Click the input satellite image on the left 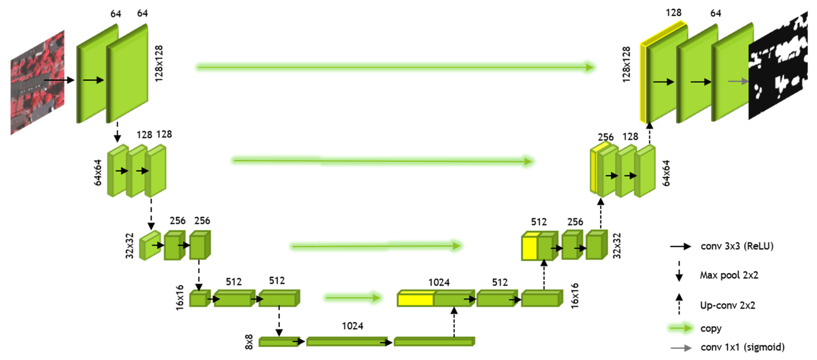click(x=38, y=82)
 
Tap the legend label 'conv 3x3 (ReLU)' click(x=737, y=246)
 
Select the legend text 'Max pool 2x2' click(x=729, y=275)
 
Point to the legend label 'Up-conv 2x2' click(x=728, y=305)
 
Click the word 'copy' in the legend click(x=711, y=328)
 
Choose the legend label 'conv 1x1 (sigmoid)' click(x=742, y=347)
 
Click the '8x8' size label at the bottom click(x=249, y=342)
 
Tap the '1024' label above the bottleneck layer click(x=352, y=326)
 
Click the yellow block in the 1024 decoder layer click(x=415, y=300)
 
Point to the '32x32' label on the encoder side click(x=130, y=245)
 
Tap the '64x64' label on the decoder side click(x=666, y=173)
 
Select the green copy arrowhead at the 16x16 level click(x=376, y=298)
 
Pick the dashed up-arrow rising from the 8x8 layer click(x=454, y=322)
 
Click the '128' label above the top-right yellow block click(x=673, y=13)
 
